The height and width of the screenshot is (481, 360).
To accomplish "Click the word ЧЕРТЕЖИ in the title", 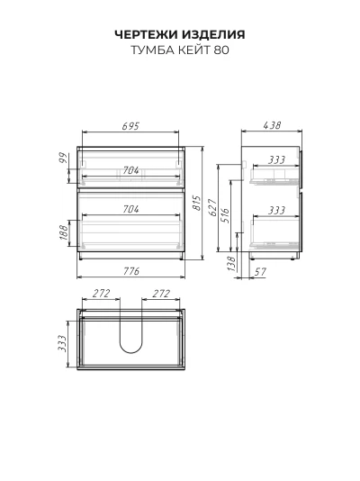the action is [147, 34].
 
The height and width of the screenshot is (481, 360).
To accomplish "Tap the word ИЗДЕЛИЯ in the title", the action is [213, 34].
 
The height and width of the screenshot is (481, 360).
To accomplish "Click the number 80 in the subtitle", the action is [221, 50].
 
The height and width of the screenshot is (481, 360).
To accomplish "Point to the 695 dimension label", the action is [130, 126].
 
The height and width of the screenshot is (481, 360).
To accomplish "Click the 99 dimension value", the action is [63, 158].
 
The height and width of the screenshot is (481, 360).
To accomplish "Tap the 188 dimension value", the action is [63, 232].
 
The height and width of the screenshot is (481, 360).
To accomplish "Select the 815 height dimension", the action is [197, 203].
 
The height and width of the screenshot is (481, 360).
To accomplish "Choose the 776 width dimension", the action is [131, 271].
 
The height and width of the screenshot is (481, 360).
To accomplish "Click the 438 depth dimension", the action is [272, 125].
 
